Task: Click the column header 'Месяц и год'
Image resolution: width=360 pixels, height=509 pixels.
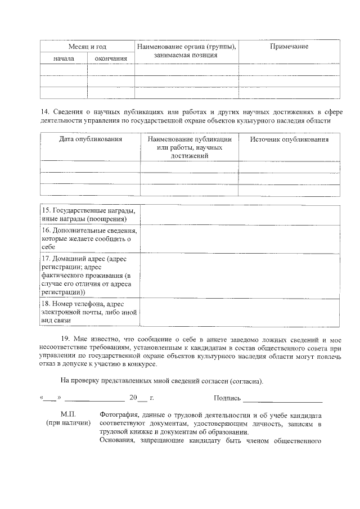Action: coord(87,46)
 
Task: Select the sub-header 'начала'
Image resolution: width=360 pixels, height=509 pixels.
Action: coord(64,58)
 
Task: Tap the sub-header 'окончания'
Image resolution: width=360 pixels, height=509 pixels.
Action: coord(111,58)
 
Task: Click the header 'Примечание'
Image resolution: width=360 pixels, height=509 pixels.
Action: coord(289,46)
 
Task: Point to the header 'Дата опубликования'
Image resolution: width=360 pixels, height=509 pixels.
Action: coord(91,139)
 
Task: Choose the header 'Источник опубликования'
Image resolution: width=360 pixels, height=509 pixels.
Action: coord(289,139)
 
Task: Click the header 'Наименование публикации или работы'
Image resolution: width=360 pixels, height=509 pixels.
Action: coord(190,143)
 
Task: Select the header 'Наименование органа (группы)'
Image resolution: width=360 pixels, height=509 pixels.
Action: coord(186,46)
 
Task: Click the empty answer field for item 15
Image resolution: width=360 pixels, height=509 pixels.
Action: coord(240,214)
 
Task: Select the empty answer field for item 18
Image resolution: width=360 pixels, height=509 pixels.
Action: coord(240,312)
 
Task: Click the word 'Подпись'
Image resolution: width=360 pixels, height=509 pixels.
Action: coord(227,398)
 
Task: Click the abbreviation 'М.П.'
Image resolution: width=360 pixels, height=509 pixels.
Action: coord(68,414)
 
